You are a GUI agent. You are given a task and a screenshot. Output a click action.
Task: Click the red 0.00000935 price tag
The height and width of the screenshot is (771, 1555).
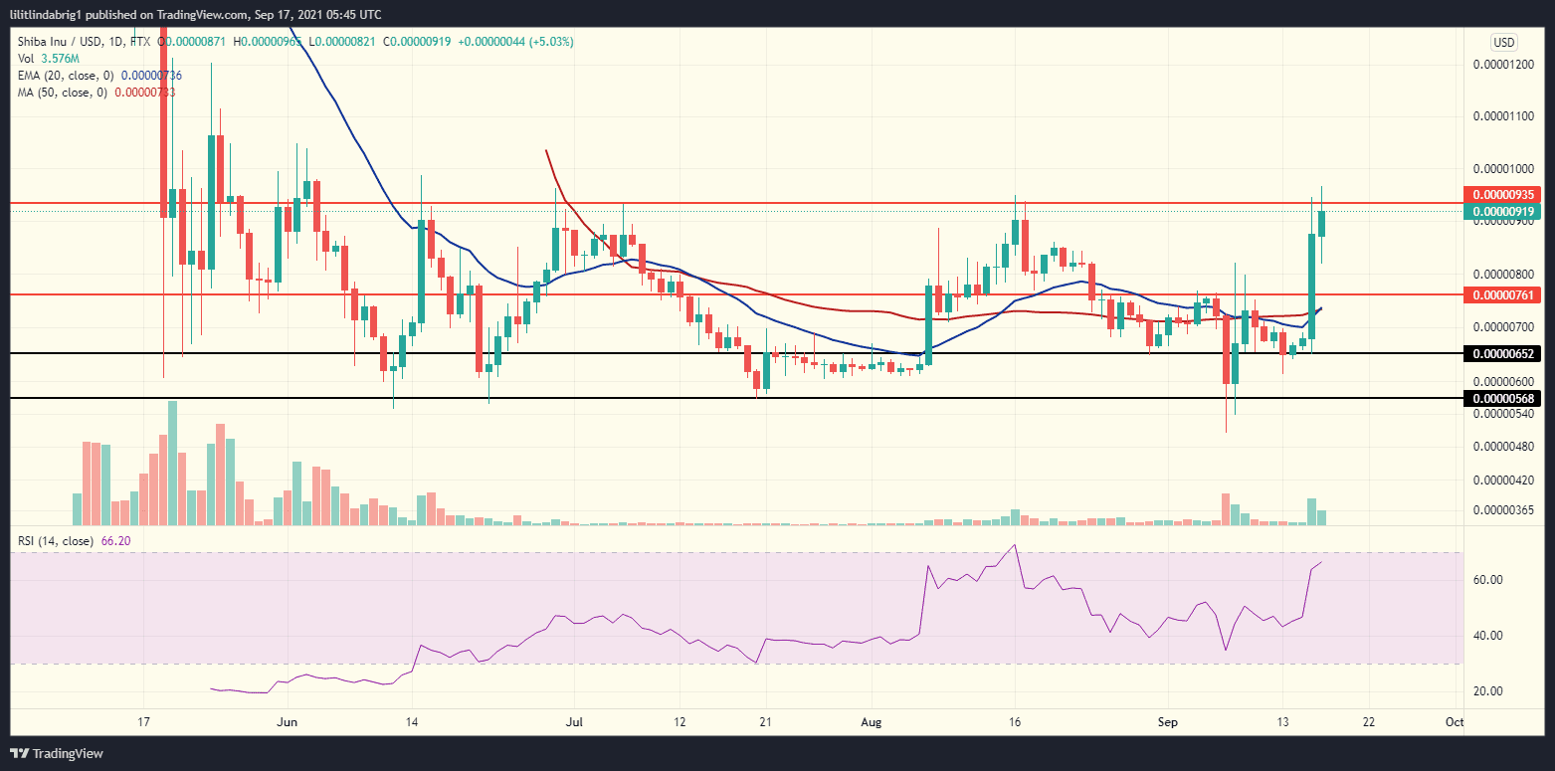pos(1502,195)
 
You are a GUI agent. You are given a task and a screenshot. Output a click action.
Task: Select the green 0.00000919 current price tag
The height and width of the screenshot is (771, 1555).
pos(1502,212)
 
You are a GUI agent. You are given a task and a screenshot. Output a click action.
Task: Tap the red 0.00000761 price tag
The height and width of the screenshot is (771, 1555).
pos(1502,294)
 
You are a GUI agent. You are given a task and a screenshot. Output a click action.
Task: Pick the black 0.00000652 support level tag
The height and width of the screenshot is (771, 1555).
pos(1502,354)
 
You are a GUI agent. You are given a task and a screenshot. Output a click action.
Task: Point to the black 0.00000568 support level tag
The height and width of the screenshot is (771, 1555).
pos(1502,398)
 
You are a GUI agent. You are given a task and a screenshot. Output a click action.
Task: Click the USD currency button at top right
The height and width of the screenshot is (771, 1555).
pos(1503,42)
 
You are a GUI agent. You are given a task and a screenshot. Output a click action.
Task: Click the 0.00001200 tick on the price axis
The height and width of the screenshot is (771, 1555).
pos(1502,65)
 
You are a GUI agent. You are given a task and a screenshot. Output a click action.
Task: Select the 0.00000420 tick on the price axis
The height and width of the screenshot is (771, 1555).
pos(1502,480)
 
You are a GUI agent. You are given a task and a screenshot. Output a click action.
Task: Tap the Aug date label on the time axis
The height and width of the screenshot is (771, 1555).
pos(872,721)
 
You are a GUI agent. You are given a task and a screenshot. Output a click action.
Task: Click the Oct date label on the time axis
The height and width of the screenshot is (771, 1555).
pos(1454,721)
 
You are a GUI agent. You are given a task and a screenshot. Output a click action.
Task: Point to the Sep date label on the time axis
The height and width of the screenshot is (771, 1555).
pos(1166,721)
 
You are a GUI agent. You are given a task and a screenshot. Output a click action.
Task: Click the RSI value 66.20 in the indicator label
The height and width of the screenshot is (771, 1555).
pos(116,541)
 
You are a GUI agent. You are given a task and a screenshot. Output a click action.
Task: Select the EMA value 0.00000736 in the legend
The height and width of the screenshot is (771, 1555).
pos(151,76)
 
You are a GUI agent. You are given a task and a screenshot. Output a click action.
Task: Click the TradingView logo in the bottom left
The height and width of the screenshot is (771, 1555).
pos(57,754)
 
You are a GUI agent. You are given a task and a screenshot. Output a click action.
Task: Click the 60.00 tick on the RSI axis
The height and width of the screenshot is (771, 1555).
pos(1486,580)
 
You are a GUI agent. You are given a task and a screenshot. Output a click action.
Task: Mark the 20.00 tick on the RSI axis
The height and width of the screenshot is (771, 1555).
pos(1486,691)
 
